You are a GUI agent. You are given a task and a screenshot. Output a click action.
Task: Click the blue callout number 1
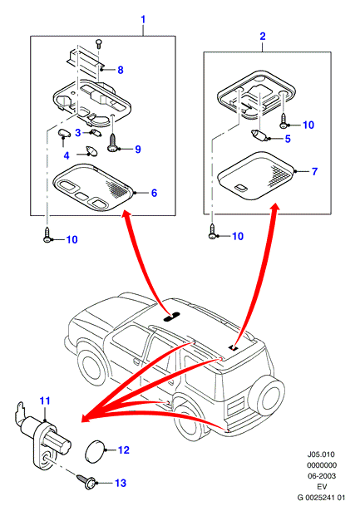pos(143,20)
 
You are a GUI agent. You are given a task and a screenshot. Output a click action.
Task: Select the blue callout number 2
pos(263,36)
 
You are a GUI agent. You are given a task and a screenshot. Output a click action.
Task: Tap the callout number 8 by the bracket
pos(121,70)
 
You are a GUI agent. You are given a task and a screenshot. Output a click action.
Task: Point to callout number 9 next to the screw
pos(138,149)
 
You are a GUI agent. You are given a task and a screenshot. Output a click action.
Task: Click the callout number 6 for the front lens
pos(154,193)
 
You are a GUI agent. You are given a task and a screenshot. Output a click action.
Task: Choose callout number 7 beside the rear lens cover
pos(314,171)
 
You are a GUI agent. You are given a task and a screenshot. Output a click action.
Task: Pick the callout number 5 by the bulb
pos(288,139)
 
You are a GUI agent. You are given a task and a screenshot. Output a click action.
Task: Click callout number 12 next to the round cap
pos(124,450)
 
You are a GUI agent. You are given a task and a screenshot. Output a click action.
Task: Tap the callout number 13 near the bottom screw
pos(121,483)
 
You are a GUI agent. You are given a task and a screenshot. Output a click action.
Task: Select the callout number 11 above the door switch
pos(45,401)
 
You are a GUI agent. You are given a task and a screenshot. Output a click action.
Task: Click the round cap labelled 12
pos(95,450)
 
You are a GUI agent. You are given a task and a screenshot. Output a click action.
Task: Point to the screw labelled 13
pos(86,481)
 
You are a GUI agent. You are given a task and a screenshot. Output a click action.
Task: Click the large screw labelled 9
pos(112,143)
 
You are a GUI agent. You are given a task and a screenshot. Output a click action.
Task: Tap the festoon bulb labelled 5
pos(259,135)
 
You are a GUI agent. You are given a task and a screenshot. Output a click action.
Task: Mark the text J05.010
pos(320,455)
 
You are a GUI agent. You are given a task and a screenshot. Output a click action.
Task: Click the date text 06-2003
pos(322,476)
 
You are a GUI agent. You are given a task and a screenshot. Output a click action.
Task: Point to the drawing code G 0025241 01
pos(321,498)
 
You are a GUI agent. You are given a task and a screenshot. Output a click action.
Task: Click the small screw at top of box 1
pos(98,43)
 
